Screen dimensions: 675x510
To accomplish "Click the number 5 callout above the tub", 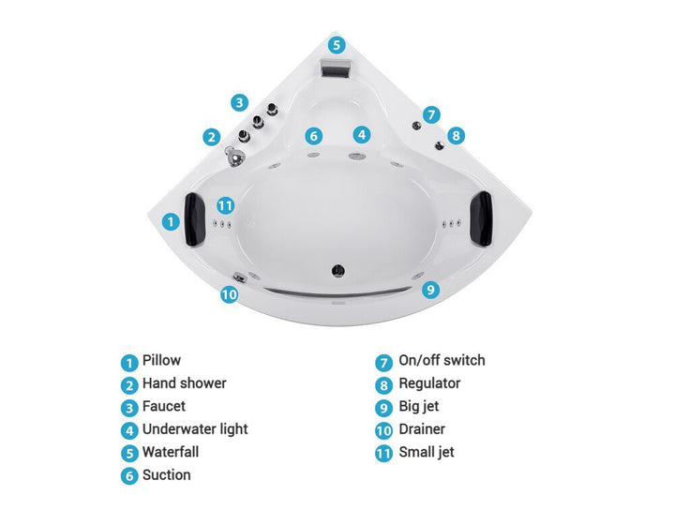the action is (x=337, y=45).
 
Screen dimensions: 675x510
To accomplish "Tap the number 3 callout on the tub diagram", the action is (x=239, y=103).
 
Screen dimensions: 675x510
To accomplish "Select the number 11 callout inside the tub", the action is (x=225, y=205).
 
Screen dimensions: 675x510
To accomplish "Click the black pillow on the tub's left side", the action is (x=193, y=219).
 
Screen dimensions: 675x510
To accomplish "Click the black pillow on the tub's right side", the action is (x=481, y=219).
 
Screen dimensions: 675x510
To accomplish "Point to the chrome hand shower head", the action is (x=233, y=156).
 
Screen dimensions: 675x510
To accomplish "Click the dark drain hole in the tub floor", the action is (x=337, y=270).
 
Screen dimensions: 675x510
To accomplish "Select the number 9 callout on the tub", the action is (x=430, y=289).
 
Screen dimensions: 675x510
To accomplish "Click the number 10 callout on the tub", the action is (x=229, y=294).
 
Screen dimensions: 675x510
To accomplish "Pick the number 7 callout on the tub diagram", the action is (x=431, y=115).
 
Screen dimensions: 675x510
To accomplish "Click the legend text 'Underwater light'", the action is (x=195, y=429).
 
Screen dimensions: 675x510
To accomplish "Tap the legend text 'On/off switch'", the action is (x=442, y=360).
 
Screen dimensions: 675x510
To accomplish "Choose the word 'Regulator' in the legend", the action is (x=429, y=383).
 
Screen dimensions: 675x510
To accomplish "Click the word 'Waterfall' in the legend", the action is (x=171, y=452).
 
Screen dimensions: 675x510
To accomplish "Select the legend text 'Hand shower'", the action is (x=185, y=383).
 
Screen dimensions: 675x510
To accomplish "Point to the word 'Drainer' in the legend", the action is (x=422, y=429).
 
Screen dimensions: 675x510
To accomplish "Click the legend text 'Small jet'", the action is (x=427, y=452).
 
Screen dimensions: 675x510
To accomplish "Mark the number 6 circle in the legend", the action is (x=129, y=475).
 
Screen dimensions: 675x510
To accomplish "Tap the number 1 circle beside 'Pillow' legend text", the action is (x=129, y=363).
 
